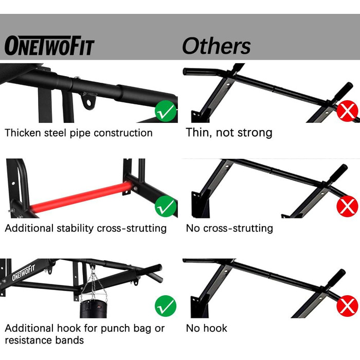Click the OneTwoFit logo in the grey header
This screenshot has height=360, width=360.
49,45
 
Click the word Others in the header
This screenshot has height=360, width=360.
217,46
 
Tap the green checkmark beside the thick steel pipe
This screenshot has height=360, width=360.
166,111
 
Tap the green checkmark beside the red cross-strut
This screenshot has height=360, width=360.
166,206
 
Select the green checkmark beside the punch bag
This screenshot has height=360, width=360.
166,306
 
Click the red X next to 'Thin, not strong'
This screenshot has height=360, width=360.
347,111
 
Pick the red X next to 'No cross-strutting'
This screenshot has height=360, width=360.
347,206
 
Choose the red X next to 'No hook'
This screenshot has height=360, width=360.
347,306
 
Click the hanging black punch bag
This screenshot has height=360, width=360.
93,309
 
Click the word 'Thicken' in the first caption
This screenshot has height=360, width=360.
23,133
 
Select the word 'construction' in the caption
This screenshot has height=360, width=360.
123,133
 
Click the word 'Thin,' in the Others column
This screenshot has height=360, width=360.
199,133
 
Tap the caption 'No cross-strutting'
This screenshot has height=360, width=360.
229,228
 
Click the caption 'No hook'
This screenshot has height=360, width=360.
206,328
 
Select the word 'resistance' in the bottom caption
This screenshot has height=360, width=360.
28,340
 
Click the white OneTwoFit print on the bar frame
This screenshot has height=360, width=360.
24,272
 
